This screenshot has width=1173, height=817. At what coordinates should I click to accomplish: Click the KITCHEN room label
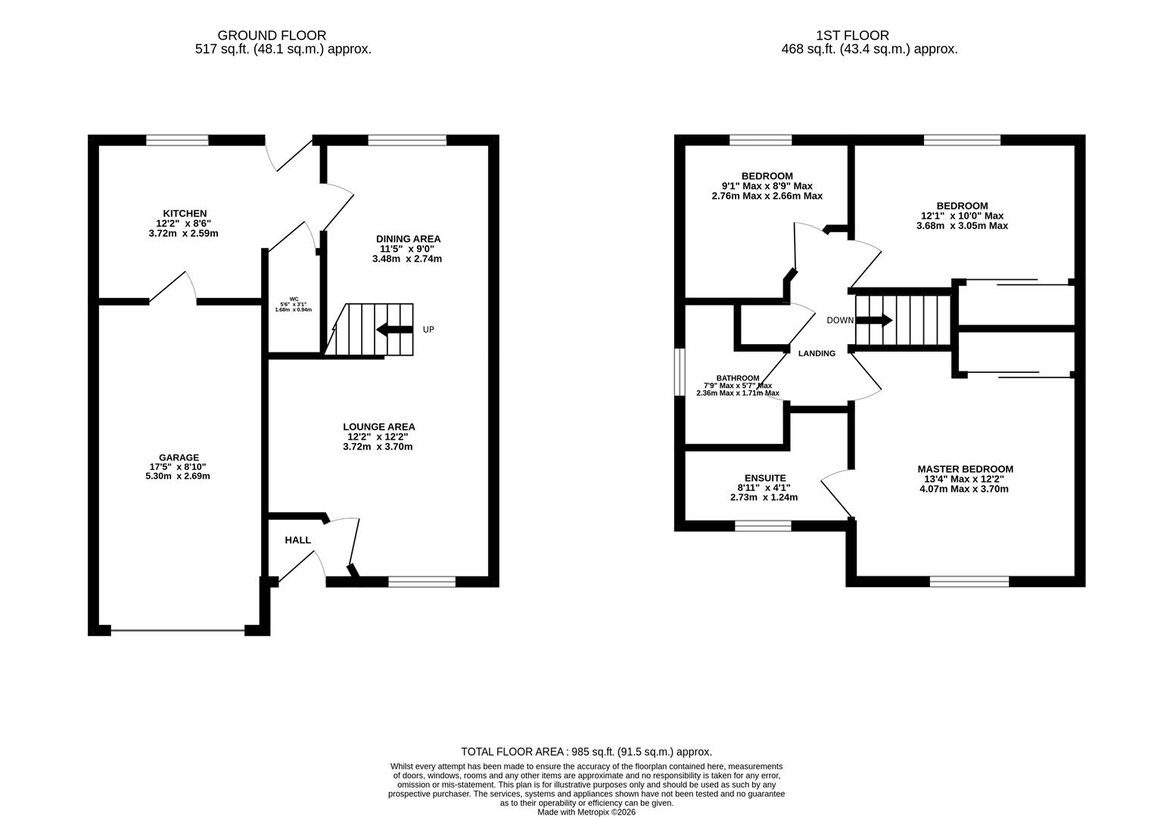tap(184, 213)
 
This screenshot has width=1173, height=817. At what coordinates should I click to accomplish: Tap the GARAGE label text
tap(179, 457)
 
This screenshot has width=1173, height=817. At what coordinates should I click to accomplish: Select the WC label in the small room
tap(294, 299)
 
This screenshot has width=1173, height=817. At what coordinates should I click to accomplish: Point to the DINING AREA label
tap(408, 239)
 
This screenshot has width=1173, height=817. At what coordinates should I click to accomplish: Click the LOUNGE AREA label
tap(378, 427)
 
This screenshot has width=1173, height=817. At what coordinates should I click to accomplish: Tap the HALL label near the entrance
tap(297, 540)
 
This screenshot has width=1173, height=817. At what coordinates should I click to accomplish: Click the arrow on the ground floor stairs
tap(394, 329)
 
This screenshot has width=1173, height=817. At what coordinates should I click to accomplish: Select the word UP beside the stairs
tap(428, 330)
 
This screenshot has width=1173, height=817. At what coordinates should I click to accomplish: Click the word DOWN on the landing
tap(839, 321)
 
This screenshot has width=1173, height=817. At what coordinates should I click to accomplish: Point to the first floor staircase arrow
tap(874, 321)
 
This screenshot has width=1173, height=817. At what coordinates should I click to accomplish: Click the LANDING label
tap(817, 353)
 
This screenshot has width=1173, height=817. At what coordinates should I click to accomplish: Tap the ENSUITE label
tap(765, 478)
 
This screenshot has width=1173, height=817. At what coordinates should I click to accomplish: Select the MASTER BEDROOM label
tap(965, 469)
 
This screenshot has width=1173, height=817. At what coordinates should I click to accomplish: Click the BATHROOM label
tap(738, 378)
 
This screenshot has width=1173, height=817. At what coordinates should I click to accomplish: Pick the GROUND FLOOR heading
tap(272, 36)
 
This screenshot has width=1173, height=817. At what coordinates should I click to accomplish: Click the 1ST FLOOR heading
tap(852, 36)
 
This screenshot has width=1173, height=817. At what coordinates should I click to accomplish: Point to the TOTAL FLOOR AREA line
tap(586, 752)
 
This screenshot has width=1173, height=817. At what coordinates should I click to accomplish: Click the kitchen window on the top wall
tap(177, 140)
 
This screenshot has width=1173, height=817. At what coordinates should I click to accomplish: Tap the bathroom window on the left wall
tap(680, 371)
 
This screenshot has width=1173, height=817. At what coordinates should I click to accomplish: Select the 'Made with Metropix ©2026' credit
tap(586, 812)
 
